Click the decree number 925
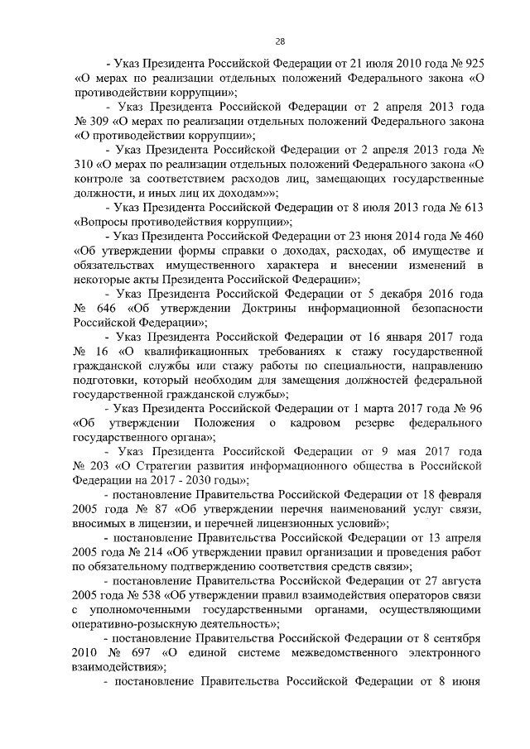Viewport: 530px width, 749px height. point(474,64)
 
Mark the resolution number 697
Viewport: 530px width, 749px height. point(134,651)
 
